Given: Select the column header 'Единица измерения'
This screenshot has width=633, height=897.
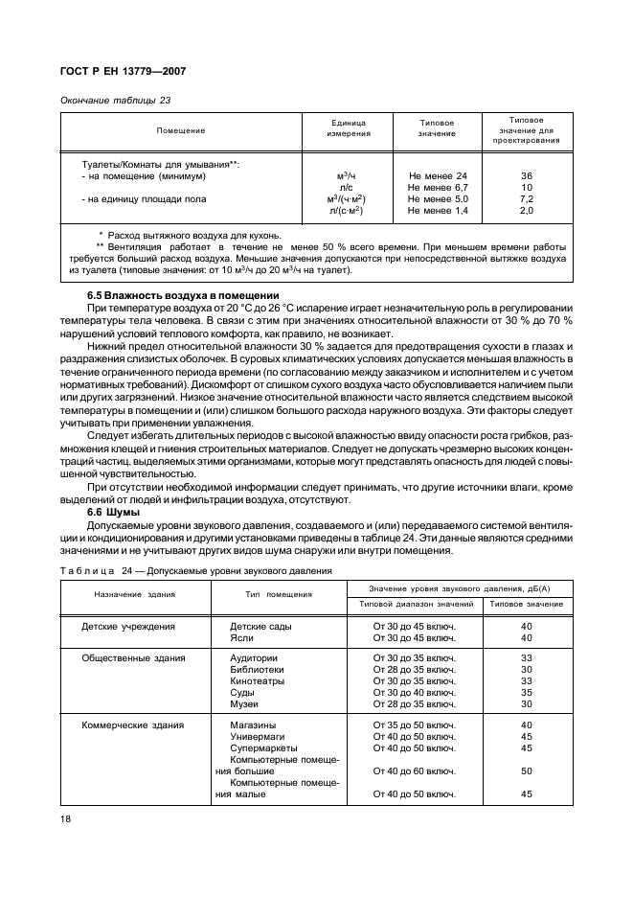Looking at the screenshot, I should [x=350, y=128].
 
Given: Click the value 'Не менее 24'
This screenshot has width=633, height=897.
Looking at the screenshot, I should [x=438, y=176].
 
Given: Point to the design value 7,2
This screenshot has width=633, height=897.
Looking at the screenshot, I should [x=526, y=198].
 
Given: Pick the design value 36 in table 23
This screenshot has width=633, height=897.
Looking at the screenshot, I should [x=526, y=176].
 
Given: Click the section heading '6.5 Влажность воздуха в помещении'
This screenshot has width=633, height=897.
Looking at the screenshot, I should [x=183, y=294].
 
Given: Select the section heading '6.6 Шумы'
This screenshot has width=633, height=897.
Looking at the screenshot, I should [x=113, y=513].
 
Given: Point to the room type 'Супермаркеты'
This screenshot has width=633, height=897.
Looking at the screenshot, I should [x=263, y=747].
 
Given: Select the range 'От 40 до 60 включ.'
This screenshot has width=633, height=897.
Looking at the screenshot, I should [x=415, y=770].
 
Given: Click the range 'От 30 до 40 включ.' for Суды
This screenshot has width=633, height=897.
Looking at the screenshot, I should [x=415, y=692].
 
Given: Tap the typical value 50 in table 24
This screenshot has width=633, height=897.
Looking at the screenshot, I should [x=526, y=770].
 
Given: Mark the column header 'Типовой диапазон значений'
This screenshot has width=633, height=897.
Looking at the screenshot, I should [x=417, y=604].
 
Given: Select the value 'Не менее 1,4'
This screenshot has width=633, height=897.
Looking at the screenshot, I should [x=438, y=210].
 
